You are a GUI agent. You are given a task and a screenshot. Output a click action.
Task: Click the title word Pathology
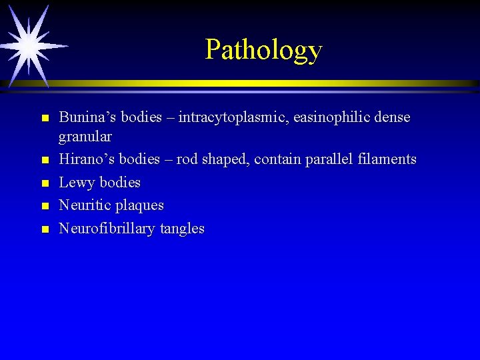coord(263,49)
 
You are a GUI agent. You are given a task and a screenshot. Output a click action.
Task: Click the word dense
coord(392,118)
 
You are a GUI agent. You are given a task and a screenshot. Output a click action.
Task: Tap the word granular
coord(85,137)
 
